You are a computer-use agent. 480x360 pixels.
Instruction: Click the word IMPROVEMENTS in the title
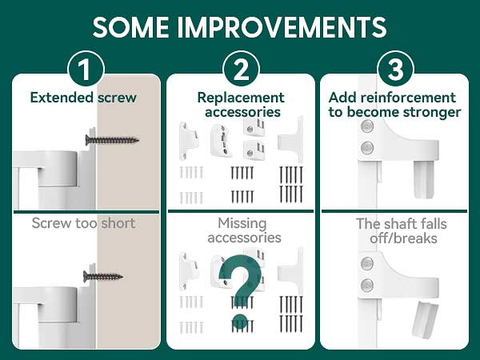tap(282, 27)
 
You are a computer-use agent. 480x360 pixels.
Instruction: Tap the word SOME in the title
tap(130, 27)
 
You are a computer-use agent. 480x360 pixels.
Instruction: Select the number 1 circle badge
tap(86, 69)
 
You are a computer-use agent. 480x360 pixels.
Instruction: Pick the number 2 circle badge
tap(242, 69)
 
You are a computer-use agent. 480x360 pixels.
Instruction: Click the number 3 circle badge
tap(395, 69)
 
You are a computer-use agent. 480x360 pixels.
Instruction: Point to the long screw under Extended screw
tap(112, 140)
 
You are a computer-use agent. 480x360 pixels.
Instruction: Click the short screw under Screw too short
tap(103, 277)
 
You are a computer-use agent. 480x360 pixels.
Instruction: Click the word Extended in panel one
tap(62, 98)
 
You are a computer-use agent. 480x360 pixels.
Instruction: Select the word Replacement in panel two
tap(241, 98)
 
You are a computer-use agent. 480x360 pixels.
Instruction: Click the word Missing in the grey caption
tap(242, 224)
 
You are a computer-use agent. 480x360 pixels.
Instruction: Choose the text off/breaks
tap(403, 238)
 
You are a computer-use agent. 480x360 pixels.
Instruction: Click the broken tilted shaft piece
tap(425, 319)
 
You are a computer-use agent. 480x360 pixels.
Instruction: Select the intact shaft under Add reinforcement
tap(423, 179)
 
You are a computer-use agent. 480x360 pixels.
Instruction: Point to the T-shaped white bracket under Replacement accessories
tap(290, 139)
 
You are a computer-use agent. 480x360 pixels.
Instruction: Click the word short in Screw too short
tap(118, 223)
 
